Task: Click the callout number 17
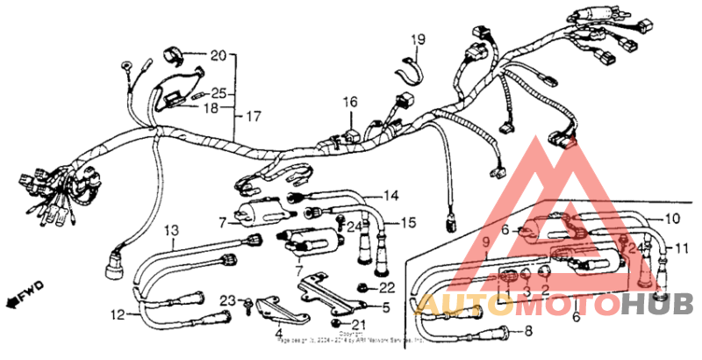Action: tap(253, 116)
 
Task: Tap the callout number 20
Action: tap(218, 54)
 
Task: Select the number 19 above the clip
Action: tap(419, 40)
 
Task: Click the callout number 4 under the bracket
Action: tap(278, 334)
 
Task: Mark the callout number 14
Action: tap(390, 195)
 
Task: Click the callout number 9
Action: tap(485, 242)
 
